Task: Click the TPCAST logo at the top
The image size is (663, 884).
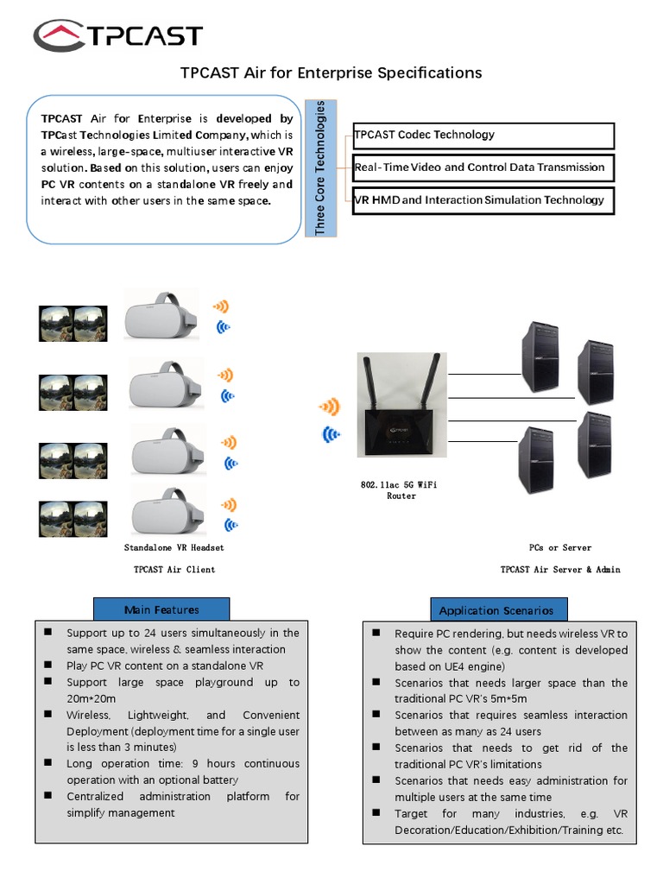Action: [117, 35]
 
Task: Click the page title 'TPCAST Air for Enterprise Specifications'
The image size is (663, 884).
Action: [331, 73]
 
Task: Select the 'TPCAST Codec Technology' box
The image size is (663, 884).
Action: [483, 136]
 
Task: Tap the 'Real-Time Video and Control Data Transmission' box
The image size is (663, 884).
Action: [483, 167]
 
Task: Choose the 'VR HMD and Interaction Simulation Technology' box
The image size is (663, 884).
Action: [483, 200]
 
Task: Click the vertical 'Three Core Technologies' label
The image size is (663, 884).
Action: [321, 167]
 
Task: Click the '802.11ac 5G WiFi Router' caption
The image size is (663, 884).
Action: [399, 490]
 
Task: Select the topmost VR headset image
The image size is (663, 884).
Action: [161, 316]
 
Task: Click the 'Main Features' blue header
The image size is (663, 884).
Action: [161, 609]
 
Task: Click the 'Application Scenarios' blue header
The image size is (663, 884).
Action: [496, 610]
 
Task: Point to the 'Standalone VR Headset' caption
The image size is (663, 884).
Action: [174, 548]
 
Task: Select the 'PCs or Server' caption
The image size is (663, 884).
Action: [560, 548]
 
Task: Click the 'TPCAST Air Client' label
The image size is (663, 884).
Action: [174, 570]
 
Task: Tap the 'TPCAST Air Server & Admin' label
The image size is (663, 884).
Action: [560, 570]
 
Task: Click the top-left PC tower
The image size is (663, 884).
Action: [540, 357]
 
